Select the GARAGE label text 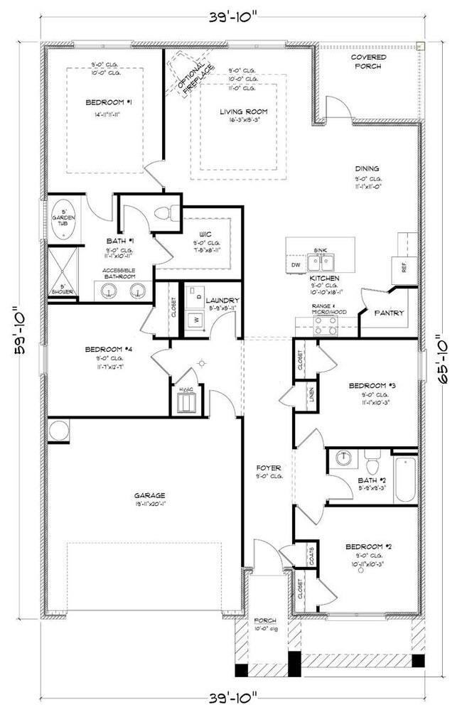click(149, 495)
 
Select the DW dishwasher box click(296, 265)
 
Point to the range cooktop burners click(325, 325)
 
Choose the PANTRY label click(389, 313)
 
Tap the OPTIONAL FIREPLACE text click(186, 77)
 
